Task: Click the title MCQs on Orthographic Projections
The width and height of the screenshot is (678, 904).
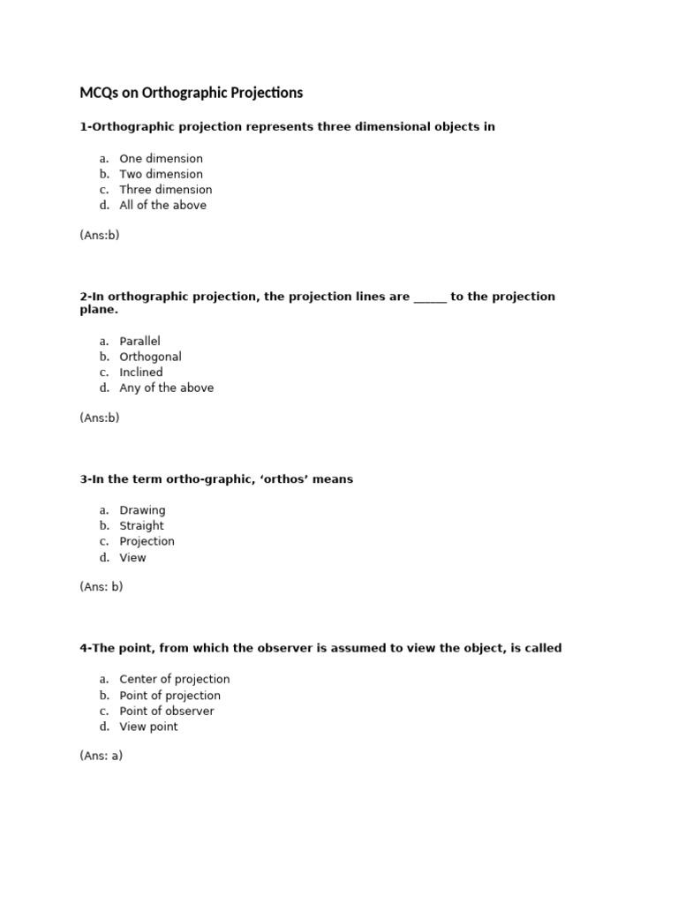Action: point(191,93)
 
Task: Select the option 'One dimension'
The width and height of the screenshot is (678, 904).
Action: point(161,159)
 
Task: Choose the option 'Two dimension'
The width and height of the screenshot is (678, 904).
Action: point(161,174)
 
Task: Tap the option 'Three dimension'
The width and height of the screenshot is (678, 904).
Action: point(166,190)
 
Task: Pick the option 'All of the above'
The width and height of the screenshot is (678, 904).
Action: point(162,206)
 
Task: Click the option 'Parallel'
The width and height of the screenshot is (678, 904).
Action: point(139,342)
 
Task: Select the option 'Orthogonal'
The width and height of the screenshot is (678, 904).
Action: point(150,357)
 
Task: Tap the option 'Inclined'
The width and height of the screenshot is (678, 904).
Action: point(141,373)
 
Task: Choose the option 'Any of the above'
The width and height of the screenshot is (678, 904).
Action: point(166,388)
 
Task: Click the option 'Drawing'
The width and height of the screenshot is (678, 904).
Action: point(142,510)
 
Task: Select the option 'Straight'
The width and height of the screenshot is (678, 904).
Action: point(141,526)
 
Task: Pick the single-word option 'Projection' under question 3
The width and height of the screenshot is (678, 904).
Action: point(147,541)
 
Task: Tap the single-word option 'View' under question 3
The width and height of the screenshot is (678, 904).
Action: point(132,558)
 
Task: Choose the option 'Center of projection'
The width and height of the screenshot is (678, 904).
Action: point(174,680)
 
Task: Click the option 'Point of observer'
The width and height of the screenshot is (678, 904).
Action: point(166,712)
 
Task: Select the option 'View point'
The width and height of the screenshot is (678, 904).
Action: point(148,727)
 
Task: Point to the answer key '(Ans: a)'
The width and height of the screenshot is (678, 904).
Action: point(101,757)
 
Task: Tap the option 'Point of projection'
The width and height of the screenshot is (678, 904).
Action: point(169,696)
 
